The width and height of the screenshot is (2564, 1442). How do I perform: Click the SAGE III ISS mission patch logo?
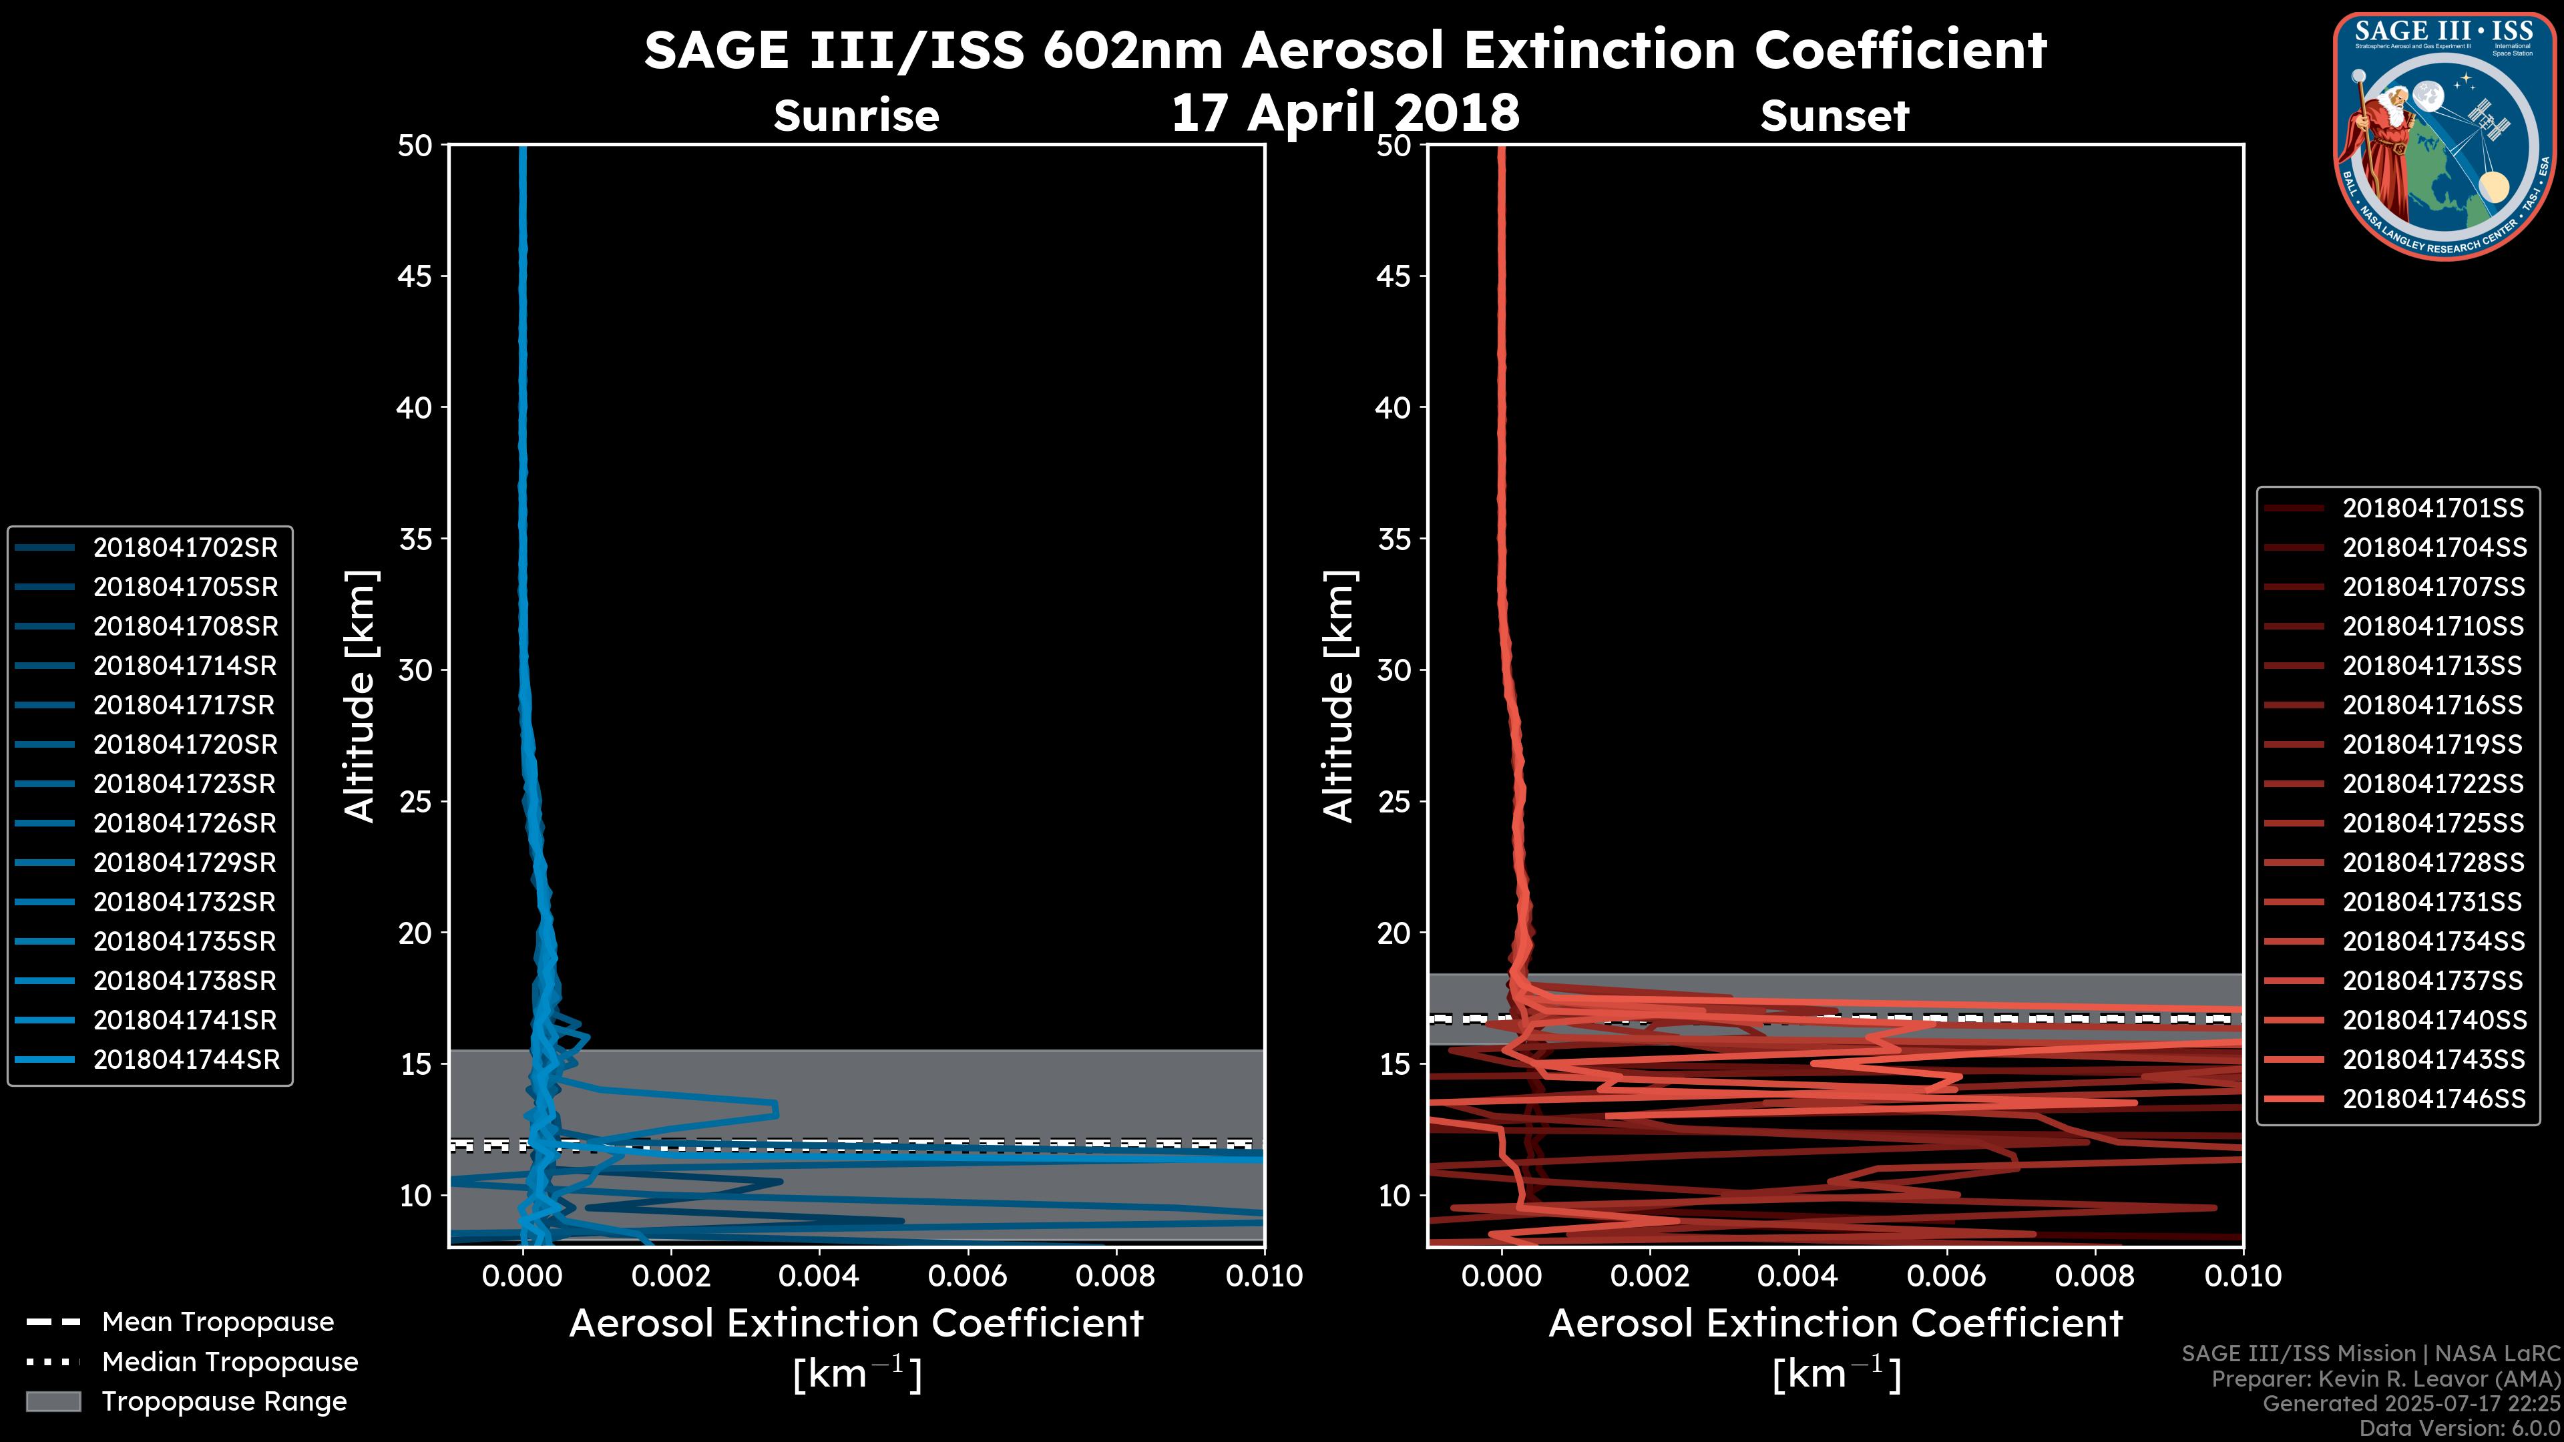[2444, 136]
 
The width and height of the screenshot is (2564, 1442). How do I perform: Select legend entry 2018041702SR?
[185, 547]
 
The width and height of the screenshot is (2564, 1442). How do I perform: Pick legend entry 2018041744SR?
[186, 1060]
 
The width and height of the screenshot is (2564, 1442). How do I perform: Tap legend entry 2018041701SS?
[2432, 509]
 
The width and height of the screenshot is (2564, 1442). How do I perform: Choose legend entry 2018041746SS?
[2432, 1099]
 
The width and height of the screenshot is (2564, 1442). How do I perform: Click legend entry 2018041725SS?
[2432, 823]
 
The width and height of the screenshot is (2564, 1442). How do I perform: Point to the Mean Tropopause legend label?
[217, 1322]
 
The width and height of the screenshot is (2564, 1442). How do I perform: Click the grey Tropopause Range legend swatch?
[53, 1401]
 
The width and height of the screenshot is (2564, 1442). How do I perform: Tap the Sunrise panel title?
[856, 115]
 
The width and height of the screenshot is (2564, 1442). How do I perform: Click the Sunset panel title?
[1834, 115]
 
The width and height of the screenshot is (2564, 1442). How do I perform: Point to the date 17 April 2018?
[1345, 111]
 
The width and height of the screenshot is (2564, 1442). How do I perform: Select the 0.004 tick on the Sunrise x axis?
[818, 1276]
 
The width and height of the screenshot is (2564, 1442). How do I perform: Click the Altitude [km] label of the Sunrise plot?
[361, 696]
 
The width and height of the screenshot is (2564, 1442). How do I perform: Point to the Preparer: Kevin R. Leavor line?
[2385, 1379]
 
